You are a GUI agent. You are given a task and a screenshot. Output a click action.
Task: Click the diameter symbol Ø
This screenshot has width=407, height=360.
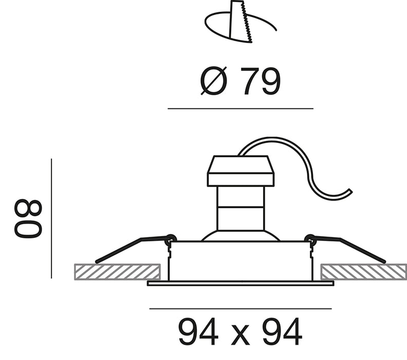[x=214, y=81]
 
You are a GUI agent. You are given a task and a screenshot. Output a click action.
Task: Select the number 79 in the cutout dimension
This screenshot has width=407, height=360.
[x=261, y=81]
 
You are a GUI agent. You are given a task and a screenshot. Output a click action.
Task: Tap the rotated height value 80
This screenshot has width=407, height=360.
[x=28, y=218]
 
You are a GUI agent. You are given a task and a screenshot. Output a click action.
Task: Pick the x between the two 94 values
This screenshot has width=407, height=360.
[x=240, y=335]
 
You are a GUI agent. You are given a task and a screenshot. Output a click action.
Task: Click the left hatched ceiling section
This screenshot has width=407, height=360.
[x=117, y=272]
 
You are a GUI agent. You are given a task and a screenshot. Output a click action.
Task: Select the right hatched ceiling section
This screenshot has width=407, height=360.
[x=364, y=272]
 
